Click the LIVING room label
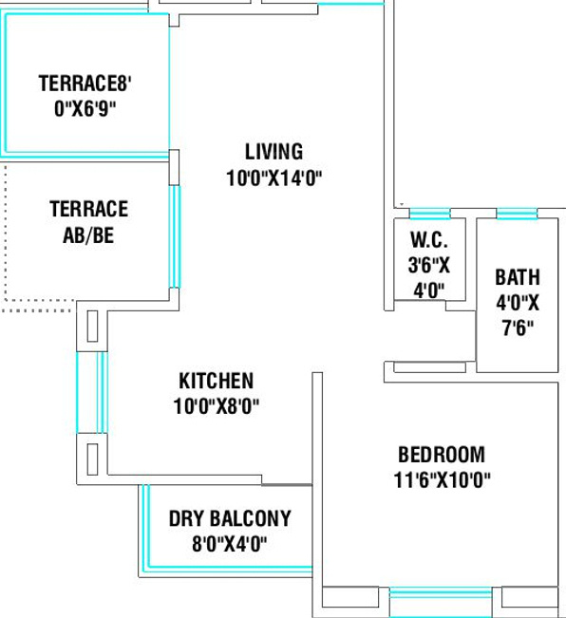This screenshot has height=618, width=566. [x=274, y=152]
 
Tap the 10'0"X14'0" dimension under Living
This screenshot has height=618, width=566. [x=274, y=178]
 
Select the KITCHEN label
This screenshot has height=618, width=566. [x=216, y=381]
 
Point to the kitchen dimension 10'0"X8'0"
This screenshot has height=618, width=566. [x=217, y=406]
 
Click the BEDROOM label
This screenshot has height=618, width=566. [x=442, y=455]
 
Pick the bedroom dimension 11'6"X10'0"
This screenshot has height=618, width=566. [x=443, y=480]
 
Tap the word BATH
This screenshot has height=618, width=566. [x=518, y=277]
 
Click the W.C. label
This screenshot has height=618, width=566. [x=429, y=239]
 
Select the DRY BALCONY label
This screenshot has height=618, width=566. [x=230, y=518]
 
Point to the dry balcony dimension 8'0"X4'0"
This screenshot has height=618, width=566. [x=229, y=544]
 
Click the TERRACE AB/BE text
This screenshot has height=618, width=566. [x=88, y=222]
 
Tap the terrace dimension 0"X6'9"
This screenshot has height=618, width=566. [x=85, y=109]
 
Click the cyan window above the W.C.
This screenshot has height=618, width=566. [x=430, y=214]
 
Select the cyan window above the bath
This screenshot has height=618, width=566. [x=517, y=214]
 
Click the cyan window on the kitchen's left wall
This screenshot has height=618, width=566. [x=92, y=393]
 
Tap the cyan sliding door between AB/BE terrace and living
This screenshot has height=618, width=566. [x=175, y=237]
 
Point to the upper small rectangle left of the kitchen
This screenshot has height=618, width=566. [x=92, y=327]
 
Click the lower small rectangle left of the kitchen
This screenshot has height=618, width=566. [x=92, y=459]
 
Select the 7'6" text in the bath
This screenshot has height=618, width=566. [x=518, y=328]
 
